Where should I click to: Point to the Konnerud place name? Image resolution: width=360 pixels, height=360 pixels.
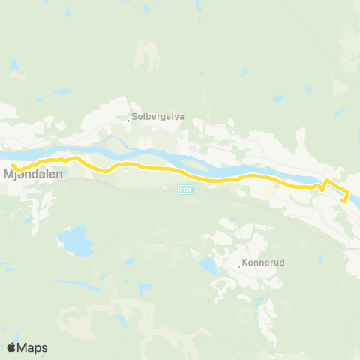(262, 264)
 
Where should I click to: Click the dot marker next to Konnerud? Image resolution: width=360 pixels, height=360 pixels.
(238, 265)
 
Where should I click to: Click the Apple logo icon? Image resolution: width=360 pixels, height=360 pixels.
(12, 346)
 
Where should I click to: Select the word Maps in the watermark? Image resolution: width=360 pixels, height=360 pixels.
(34, 347)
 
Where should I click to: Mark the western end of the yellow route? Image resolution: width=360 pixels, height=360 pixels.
(13, 166)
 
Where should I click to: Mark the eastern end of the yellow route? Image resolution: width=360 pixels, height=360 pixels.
(343, 200)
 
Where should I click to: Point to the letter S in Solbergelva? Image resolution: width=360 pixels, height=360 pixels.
(134, 117)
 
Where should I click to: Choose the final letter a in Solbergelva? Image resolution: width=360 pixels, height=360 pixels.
(181, 117)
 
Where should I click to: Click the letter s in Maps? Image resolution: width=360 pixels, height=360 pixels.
(45, 348)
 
